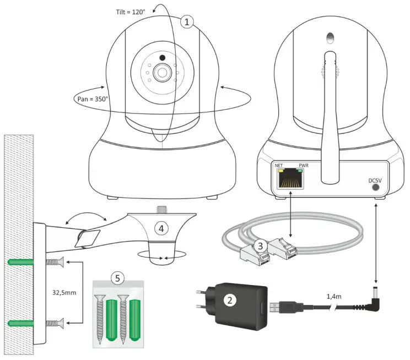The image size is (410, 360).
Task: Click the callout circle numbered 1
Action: pyautogui.click(x=188, y=22)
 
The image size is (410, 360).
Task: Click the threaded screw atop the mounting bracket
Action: pyautogui.click(x=163, y=210)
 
